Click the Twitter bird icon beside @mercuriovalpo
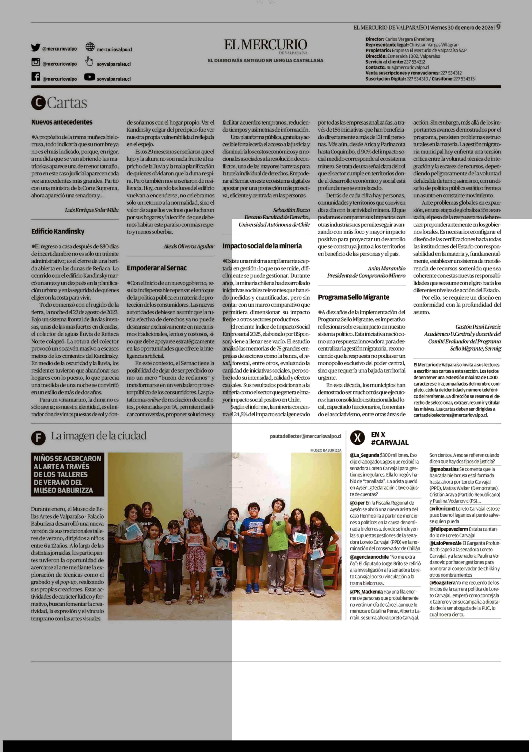36,47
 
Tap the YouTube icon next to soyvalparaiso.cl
89,77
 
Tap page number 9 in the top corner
498,27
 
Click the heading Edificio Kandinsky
58,231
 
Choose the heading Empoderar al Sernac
157,268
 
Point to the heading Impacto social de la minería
262,246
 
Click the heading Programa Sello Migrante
354,297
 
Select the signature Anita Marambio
386,268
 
